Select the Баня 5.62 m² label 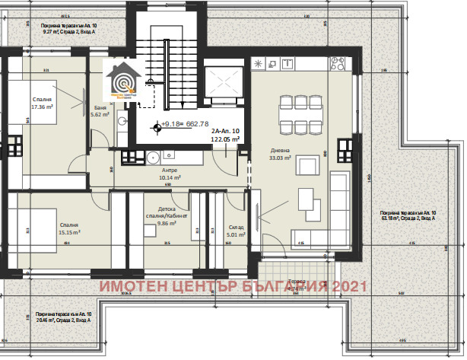coord(100,110)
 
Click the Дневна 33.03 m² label coord(279,155)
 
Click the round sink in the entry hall coord(152,158)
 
